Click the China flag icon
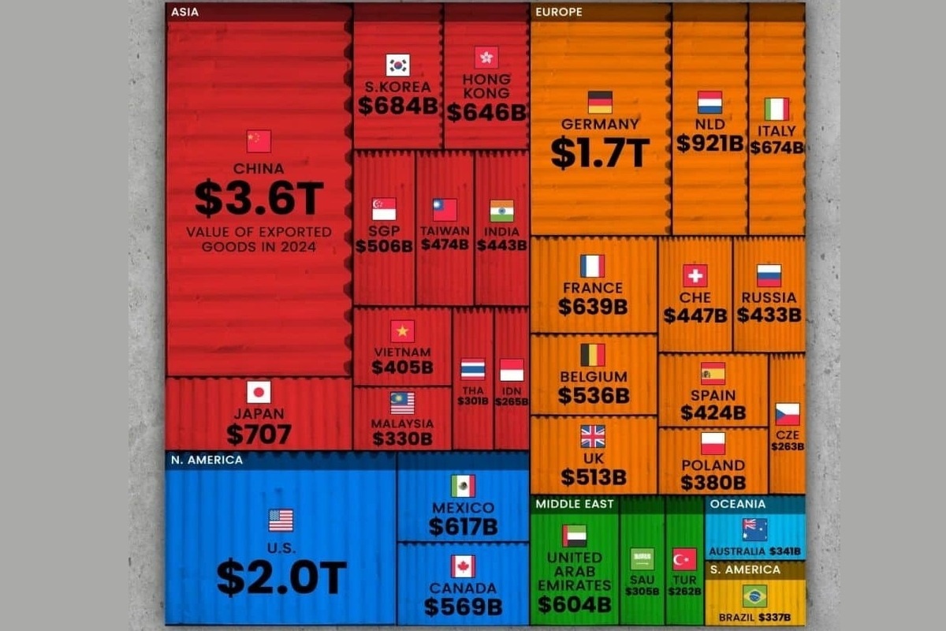point(259,141)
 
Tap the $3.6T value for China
point(259,199)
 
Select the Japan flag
point(259,392)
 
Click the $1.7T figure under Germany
point(599,152)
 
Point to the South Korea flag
point(397,65)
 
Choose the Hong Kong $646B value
point(486,112)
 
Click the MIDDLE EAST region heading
point(575,503)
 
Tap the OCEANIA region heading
point(737,503)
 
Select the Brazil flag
point(754,596)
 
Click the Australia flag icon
point(754,529)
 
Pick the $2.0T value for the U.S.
point(281,578)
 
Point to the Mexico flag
point(463,486)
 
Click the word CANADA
point(463,588)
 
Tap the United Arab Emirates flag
point(574,536)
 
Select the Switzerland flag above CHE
point(695,275)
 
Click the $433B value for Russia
point(769,315)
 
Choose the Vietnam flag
point(402,331)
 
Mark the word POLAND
point(713,465)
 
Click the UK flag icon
point(593,436)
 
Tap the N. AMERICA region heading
point(207,459)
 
